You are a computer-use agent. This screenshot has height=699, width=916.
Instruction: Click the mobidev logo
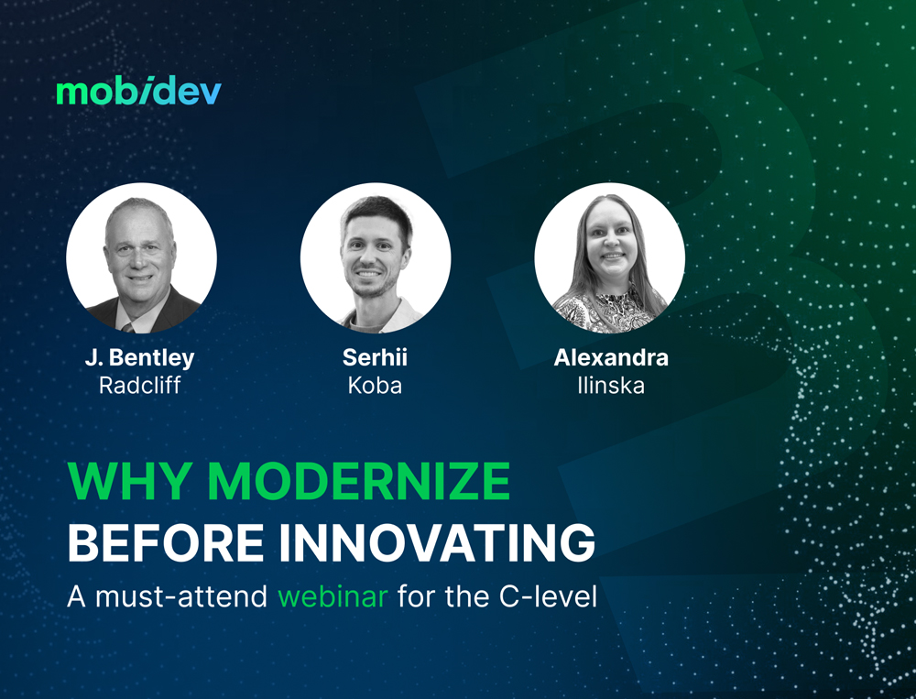(x=138, y=92)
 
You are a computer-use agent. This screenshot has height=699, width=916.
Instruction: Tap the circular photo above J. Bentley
(x=141, y=257)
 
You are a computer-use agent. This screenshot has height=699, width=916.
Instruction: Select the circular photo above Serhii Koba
(x=376, y=257)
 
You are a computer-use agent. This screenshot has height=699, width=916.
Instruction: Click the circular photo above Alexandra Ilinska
(x=610, y=257)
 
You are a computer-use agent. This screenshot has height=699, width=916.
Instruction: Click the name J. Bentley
(x=139, y=358)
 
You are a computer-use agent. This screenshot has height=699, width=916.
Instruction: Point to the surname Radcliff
(x=139, y=386)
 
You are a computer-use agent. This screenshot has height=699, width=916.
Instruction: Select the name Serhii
(x=375, y=358)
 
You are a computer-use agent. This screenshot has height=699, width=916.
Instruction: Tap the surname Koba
(x=375, y=386)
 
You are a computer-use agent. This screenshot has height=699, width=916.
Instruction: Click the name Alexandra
(x=611, y=358)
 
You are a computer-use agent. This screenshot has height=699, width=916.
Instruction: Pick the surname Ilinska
(x=611, y=386)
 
